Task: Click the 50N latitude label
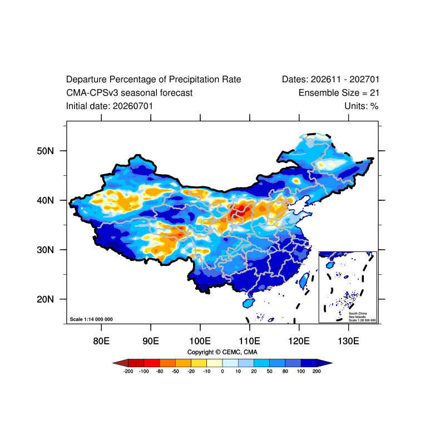pos(45,151)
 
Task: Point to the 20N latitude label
pos(45,299)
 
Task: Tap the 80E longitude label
pos(101,341)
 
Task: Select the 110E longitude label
pos(249,341)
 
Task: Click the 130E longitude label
pos(348,341)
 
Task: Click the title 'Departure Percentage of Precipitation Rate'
pos(154,80)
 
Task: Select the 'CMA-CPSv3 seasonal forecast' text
pos(130,93)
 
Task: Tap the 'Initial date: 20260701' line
pos(110,106)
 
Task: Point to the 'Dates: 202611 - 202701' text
pos(330,80)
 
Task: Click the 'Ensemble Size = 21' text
pos(339,93)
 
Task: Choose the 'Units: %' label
pos(362,106)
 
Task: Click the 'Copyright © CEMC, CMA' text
pos(222,352)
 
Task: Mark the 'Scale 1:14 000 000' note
pos(91,319)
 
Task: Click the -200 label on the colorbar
pos(128,371)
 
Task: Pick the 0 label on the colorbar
pos(222,371)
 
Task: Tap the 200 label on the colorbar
pos(317,371)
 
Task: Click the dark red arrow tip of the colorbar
pos(113,363)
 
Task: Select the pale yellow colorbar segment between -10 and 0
pos(215,363)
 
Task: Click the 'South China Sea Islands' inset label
pos(358,315)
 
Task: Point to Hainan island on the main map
pos(249,303)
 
